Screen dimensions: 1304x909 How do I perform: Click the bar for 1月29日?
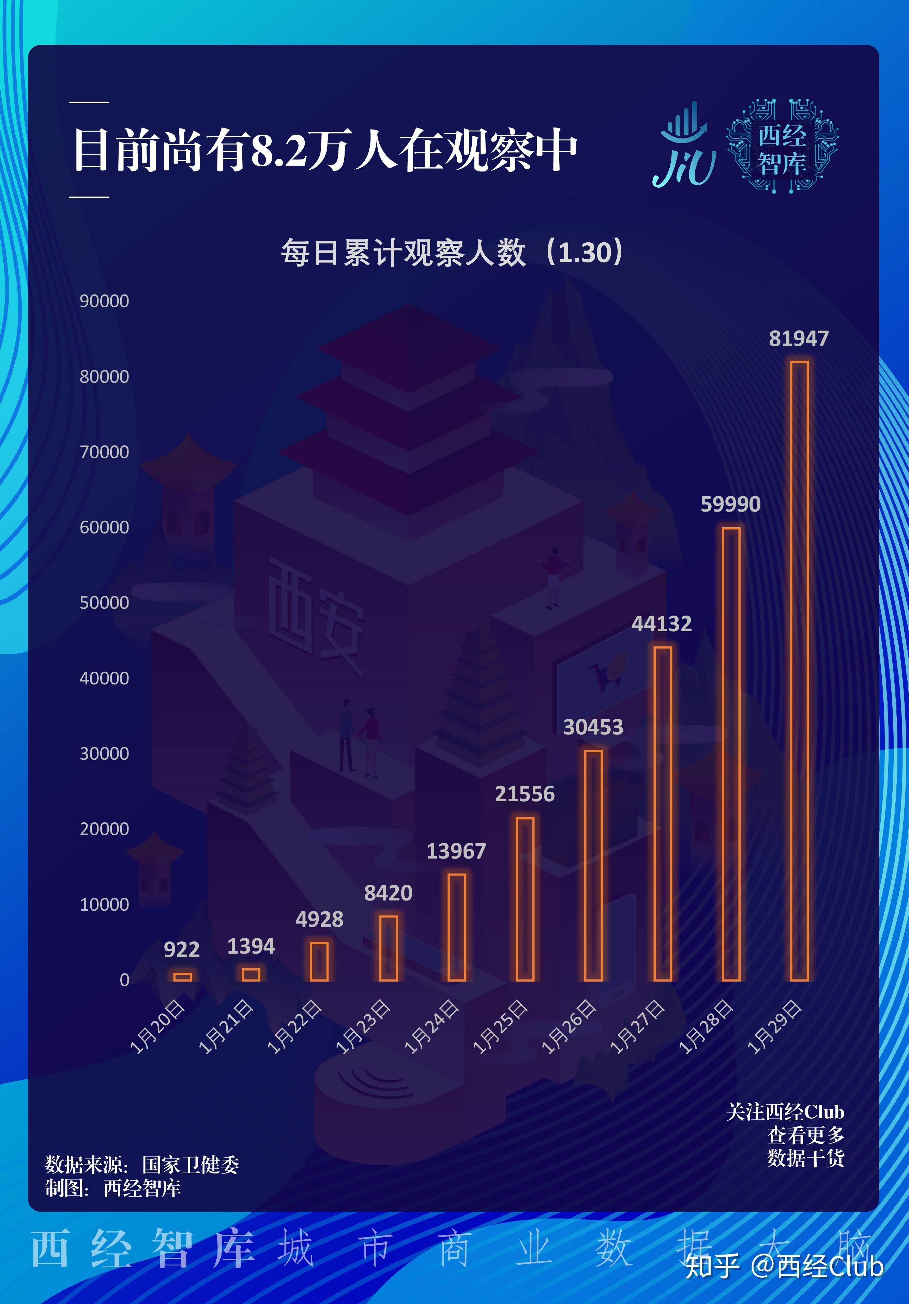tap(799, 670)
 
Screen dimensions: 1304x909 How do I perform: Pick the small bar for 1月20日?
tap(182, 976)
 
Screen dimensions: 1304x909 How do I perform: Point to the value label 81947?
tap(799, 338)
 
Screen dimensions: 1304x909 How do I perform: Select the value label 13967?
tap(456, 851)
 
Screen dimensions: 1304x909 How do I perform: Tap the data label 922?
tap(182, 950)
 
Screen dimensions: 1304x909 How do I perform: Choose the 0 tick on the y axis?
tap(124, 980)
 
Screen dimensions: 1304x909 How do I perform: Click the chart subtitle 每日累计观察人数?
tap(403, 253)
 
